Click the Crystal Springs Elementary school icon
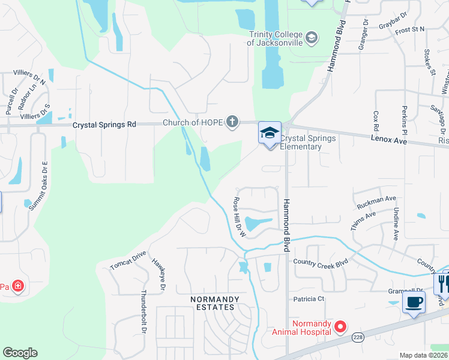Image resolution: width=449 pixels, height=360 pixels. pyautogui.click(x=270, y=133)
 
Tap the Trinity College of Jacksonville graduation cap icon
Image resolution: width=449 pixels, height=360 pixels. pyautogui.click(x=312, y=39)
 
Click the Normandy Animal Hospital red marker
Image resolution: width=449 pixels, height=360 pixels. pyautogui.click(x=340, y=327)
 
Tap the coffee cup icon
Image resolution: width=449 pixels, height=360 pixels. pyautogui.click(x=414, y=302)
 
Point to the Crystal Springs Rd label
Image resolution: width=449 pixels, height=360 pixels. pyautogui.click(x=104, y=125)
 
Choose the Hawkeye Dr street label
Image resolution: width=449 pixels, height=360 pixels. pyautogui.click(x=158, y=275)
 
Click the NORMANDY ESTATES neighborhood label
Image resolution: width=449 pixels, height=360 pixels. pyautogui.click(x=214, y=303)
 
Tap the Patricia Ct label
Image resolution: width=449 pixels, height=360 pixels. pyautogui.click(x=309, y=298)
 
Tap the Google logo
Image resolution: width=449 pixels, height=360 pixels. pyautogui.click(x=20, y=353)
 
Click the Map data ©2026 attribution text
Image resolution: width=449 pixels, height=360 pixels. pyautogui.click(x=423, y=355)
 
